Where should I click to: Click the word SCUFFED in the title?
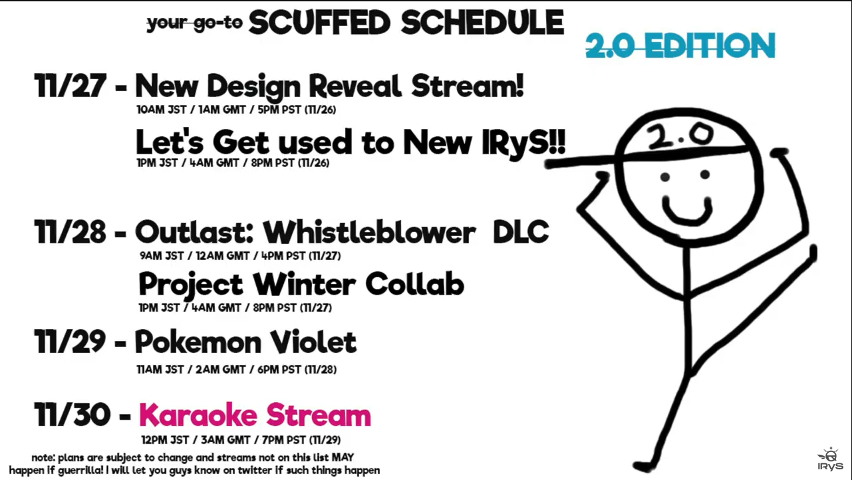(x=319, y=23)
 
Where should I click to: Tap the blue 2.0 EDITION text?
(x=680, y=46)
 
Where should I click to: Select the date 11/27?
(x=70, y=86)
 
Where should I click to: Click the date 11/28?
(x=70, y=232)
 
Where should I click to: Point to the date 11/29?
(x=70, y=341)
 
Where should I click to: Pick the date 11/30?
(x=72, y=414)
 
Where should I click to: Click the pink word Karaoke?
(x=198, y=415)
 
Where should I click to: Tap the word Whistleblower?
(x=369, y=232)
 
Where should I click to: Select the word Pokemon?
(x=198, y=342)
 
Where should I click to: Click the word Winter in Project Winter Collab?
(x=305, y=285)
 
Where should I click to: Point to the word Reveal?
(x=355, y=86)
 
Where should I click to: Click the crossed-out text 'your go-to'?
(x=195, y=23)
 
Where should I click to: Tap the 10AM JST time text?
(x=162, y=110)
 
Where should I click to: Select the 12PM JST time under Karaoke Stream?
(x=165, y=440)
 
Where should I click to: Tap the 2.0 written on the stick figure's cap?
(x=680, y=136)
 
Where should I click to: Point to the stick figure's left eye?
(x=665, y=177)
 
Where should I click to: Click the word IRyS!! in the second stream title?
(x=523, y=142)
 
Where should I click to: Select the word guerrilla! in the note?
(x=80, y=471)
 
